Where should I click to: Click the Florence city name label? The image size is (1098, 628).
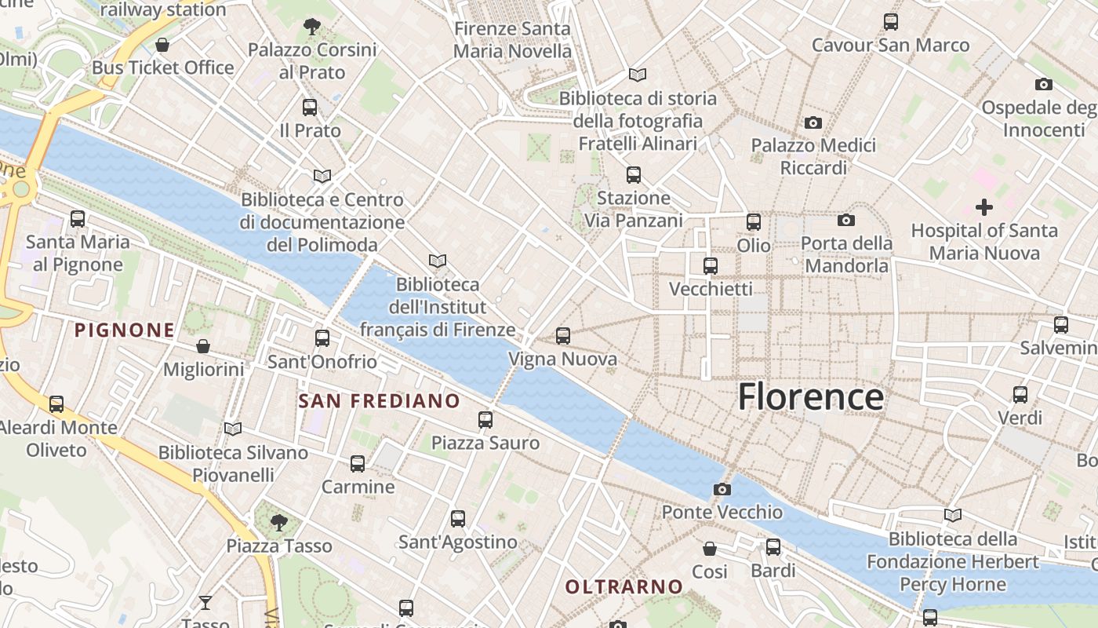[810, 396]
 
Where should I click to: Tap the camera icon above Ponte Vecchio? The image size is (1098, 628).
[722, 490]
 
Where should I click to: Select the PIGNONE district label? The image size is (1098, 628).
[124, 330]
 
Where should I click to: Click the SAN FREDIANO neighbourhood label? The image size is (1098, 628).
[379, 401]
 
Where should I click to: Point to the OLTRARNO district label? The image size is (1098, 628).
[624, 586]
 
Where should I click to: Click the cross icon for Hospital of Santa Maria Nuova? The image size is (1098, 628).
[983, 207]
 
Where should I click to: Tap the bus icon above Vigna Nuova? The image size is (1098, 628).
[562, 336]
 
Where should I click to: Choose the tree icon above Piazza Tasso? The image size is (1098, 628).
[278, 523]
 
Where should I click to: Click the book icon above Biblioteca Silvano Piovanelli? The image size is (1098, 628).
[233, 429]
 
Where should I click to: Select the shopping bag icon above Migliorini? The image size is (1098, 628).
[203, 346]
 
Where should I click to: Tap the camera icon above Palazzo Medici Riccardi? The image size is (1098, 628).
[813, 122]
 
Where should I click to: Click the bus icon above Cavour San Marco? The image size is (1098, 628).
[891, 21]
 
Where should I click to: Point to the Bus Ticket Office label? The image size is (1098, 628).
[163, 68]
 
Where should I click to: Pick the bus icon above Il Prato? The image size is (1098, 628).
[310, 108]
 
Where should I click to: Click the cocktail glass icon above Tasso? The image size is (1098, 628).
[205, 603]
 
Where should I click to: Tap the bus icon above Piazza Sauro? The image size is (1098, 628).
[485, 420]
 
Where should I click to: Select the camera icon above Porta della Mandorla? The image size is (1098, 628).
[845, 221]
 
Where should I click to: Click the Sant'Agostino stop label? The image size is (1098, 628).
[458, 542]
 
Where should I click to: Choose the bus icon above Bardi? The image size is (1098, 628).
[773, 547]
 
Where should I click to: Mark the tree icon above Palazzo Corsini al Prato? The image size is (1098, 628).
[312, 27]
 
